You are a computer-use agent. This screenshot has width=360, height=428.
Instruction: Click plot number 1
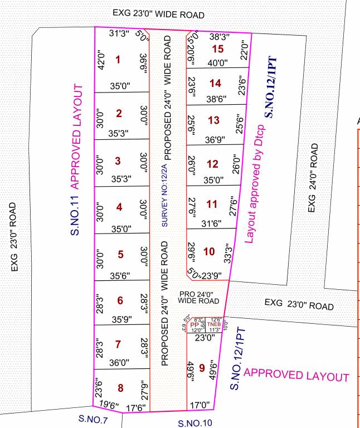coord(118,59)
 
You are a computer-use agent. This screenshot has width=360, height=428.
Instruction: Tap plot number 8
coord(120,388)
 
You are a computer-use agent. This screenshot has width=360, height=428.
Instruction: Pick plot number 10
coord(209,252)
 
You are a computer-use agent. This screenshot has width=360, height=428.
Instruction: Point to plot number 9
coord(202,367)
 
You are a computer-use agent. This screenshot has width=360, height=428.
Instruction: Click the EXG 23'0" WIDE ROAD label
coord(158,14)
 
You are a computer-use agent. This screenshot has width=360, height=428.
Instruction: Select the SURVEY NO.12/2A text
coord(164,194)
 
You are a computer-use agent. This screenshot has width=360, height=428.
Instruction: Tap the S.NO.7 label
coord(93,420)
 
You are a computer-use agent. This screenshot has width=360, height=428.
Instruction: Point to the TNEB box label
coord(215,324)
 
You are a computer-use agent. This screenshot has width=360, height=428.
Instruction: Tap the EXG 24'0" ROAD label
coord(314,178)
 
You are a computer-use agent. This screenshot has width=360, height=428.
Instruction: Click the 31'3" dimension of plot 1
coord(119,33)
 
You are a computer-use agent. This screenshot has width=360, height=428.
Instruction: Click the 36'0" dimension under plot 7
coord(120,362)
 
